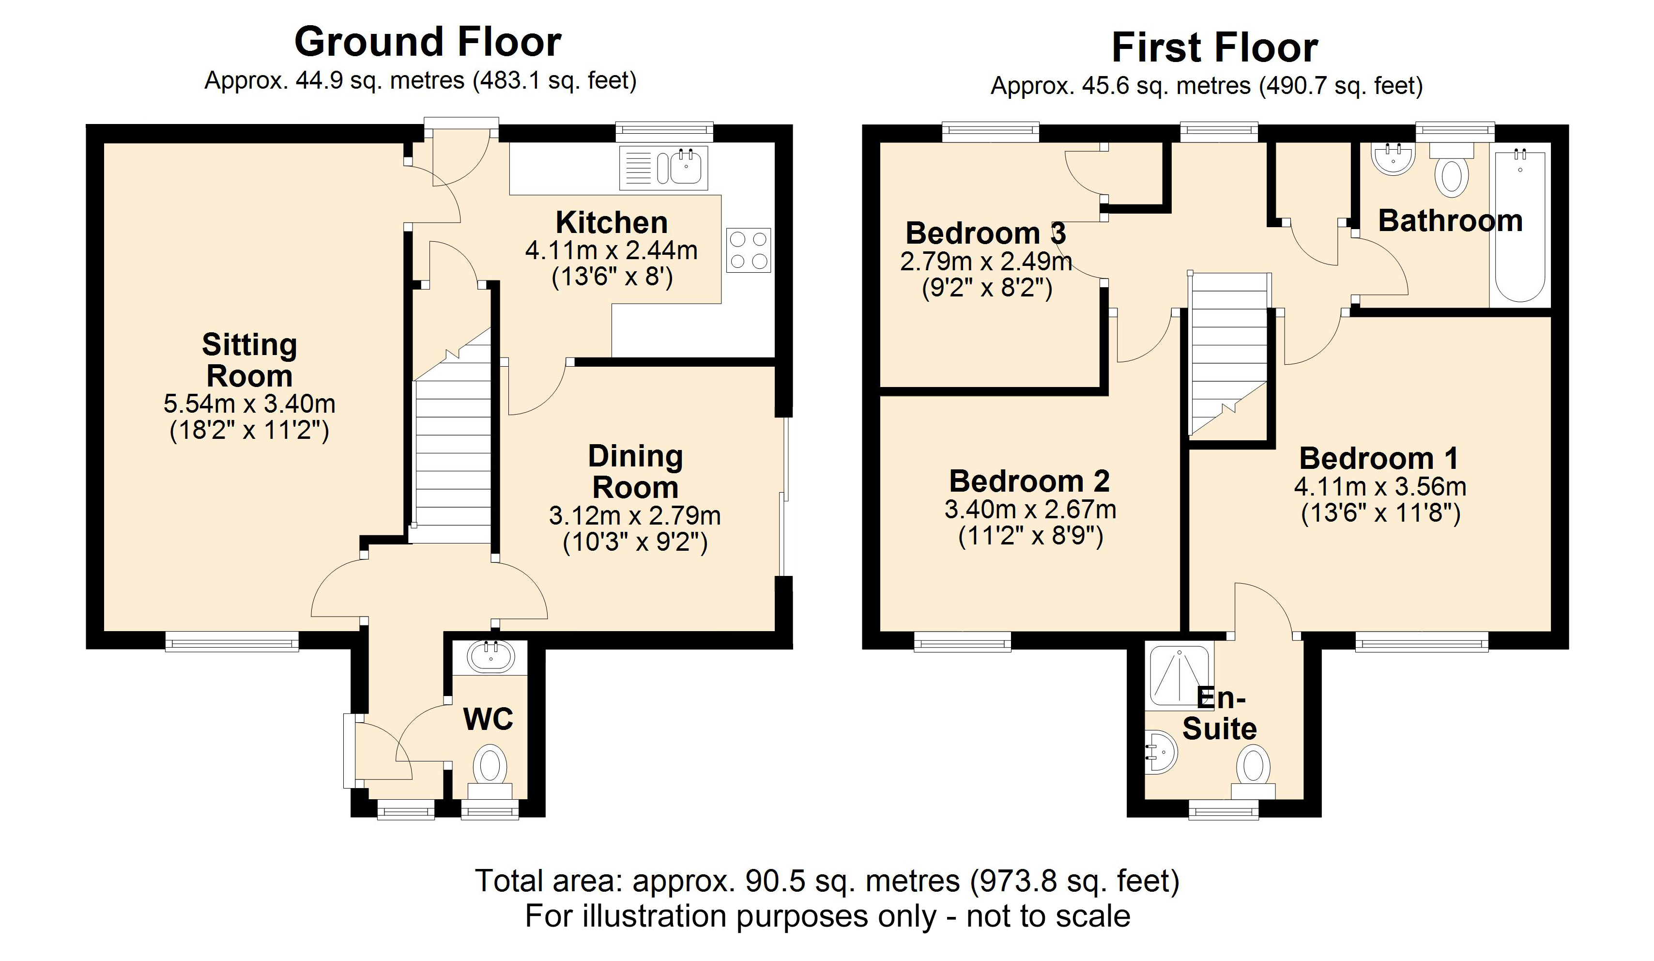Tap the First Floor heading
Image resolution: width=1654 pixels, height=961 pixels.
click(x=1214, y=48)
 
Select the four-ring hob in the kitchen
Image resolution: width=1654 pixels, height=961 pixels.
click(x=748, y=250)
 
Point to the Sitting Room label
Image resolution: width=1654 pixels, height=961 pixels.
click(x=249, y=360)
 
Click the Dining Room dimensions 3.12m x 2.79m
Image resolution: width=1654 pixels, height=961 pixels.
click(x=635, y=516)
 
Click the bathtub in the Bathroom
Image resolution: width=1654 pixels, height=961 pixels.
click(x=1520, y=227)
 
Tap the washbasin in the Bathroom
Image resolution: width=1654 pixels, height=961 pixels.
click(x=1392, y=159)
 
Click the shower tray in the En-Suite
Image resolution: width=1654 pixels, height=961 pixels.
click(x=1179, y=676)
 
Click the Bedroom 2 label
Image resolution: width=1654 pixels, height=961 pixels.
click(x=1029, y=481)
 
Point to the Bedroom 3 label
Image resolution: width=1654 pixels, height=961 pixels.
click(x=985, y=233)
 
